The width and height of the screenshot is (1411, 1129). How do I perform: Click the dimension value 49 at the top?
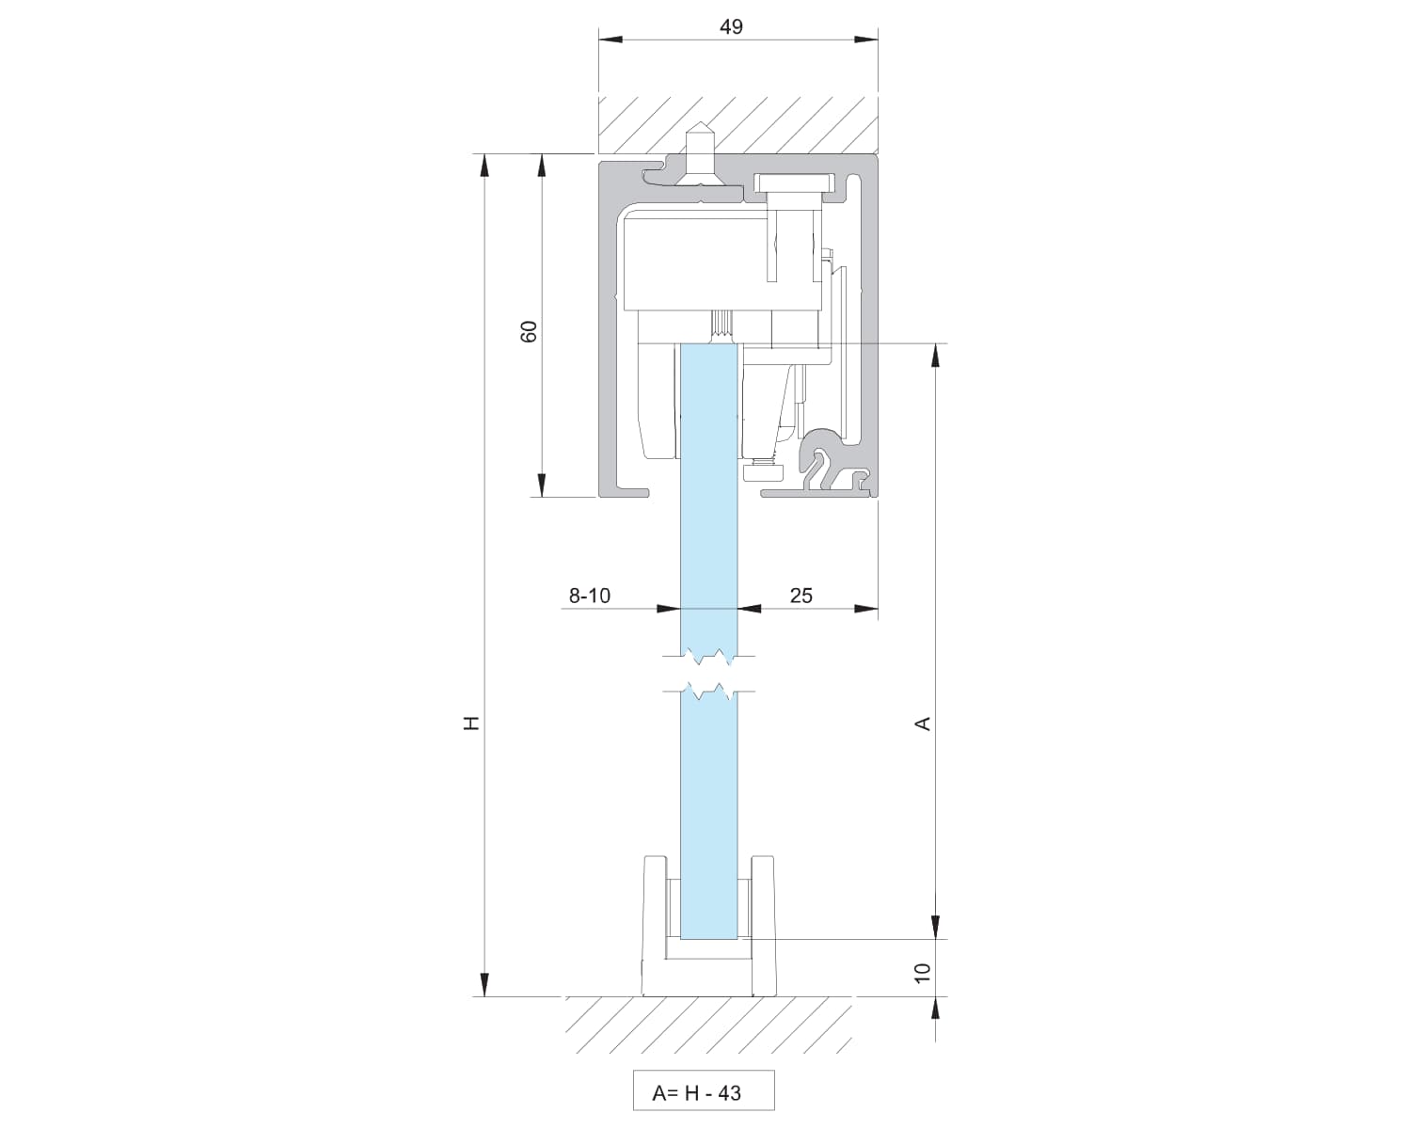(731, 27)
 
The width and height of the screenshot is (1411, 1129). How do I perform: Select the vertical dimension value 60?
(529, 331)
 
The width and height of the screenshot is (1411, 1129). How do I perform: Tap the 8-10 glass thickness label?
(590, 596)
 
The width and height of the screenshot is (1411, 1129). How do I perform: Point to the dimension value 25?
(801, 596)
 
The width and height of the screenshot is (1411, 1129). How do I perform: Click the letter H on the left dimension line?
(471, 724)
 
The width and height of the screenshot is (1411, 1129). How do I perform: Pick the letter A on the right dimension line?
(923, 724)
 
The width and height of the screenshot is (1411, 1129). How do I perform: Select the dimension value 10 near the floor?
(922, 973)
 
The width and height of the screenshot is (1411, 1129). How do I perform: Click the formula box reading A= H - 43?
(704, 1090)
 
